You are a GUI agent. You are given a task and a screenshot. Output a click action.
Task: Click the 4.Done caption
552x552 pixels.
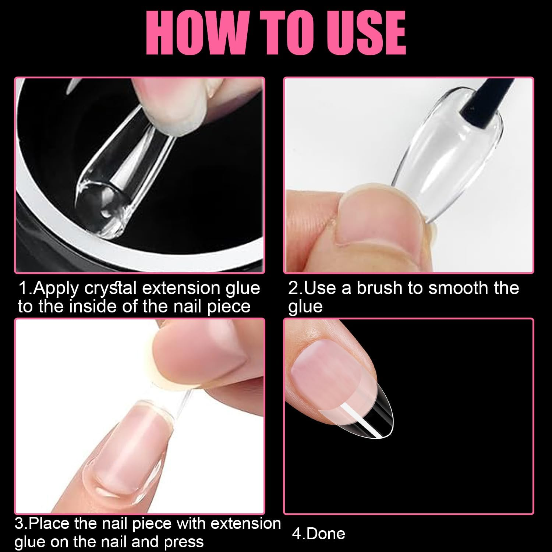click(319, 534)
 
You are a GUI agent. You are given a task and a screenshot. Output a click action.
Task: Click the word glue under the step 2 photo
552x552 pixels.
click(305, 307)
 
